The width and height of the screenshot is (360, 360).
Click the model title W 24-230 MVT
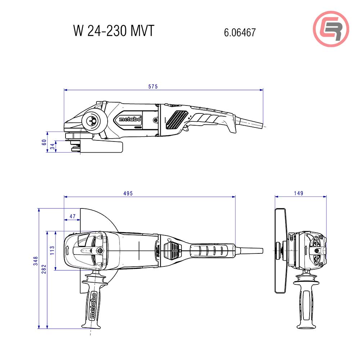tap(114, 31)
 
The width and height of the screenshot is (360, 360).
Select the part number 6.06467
tap(240, 33)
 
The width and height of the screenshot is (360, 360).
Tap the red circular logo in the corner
tap(331, 29)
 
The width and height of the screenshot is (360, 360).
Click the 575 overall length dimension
tap(153, 86)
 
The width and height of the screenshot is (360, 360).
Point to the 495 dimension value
tap(128, 193)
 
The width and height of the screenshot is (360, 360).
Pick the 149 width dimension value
tap(298, 193)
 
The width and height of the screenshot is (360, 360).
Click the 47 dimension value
tap(73, 216)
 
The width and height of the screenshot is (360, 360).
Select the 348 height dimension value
tap(35, 260)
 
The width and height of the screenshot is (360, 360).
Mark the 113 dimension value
tap(53, 250)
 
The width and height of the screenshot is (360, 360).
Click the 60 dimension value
tap(44, 142)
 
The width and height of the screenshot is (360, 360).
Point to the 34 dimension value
tap(53, 147)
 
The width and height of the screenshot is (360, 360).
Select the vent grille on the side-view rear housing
tap(176, 119)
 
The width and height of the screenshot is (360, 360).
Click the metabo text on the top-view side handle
tap(92, 306)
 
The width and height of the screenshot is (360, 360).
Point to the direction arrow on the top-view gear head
tap(67, 250)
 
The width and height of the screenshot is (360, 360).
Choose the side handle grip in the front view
tap(306, 306)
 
